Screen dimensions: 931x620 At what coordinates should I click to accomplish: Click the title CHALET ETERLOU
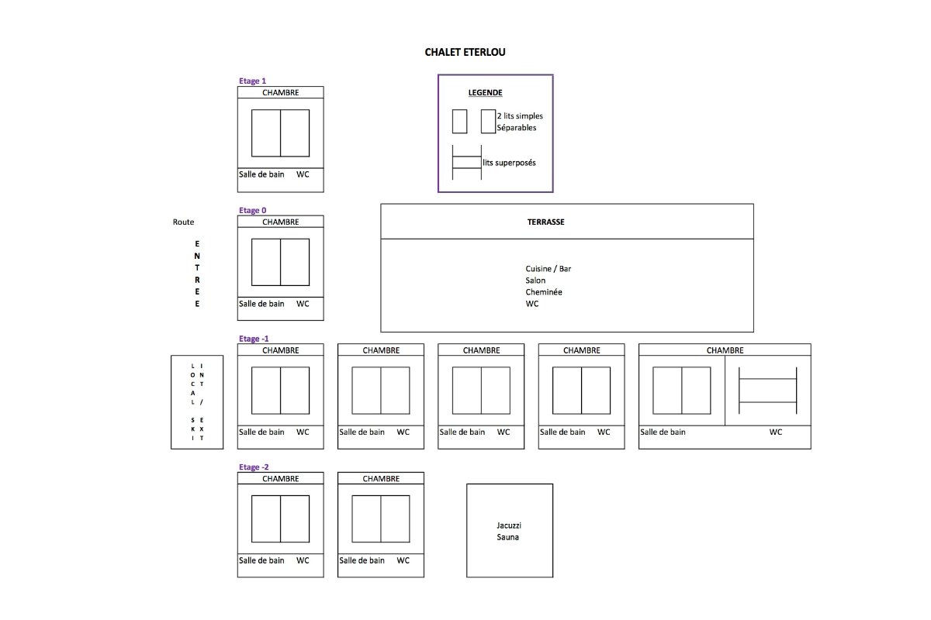coord(465,52)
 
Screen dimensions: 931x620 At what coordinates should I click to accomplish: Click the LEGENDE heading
coord(485,92)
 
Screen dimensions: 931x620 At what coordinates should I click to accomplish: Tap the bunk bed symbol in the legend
coord(467,163)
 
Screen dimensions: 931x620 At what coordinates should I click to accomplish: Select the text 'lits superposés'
coord(509,163)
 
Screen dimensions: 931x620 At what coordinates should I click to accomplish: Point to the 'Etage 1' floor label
coord(252,81)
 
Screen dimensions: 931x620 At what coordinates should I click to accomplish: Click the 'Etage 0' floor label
coord(252,210)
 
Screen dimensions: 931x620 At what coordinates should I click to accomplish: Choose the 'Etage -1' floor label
coord(254,339)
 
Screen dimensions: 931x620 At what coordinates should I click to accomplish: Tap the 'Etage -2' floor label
coord(254,467)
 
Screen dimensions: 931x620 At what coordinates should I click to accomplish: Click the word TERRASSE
coord(545,222)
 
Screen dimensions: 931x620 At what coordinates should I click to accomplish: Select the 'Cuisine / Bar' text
coord(549,269)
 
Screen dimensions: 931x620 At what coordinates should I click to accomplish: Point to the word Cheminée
coord(544,292)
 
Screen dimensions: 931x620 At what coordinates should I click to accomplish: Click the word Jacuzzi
coord(509,525)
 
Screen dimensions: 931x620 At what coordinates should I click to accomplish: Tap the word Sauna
coord(508,537)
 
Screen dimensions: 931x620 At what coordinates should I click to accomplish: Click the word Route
coord(183,222)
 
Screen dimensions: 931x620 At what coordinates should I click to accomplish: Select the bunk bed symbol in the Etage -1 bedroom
coord(767,391)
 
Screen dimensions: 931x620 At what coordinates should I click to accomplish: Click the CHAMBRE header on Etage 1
coord(281,92)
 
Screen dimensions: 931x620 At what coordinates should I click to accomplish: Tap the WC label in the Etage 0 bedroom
coord(303,304)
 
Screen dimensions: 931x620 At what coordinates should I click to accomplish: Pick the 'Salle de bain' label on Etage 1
coord(261,174)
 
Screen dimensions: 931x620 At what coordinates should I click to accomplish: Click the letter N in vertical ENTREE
coord(197,256)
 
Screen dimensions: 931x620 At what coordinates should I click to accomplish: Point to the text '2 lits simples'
coord(520,115)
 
